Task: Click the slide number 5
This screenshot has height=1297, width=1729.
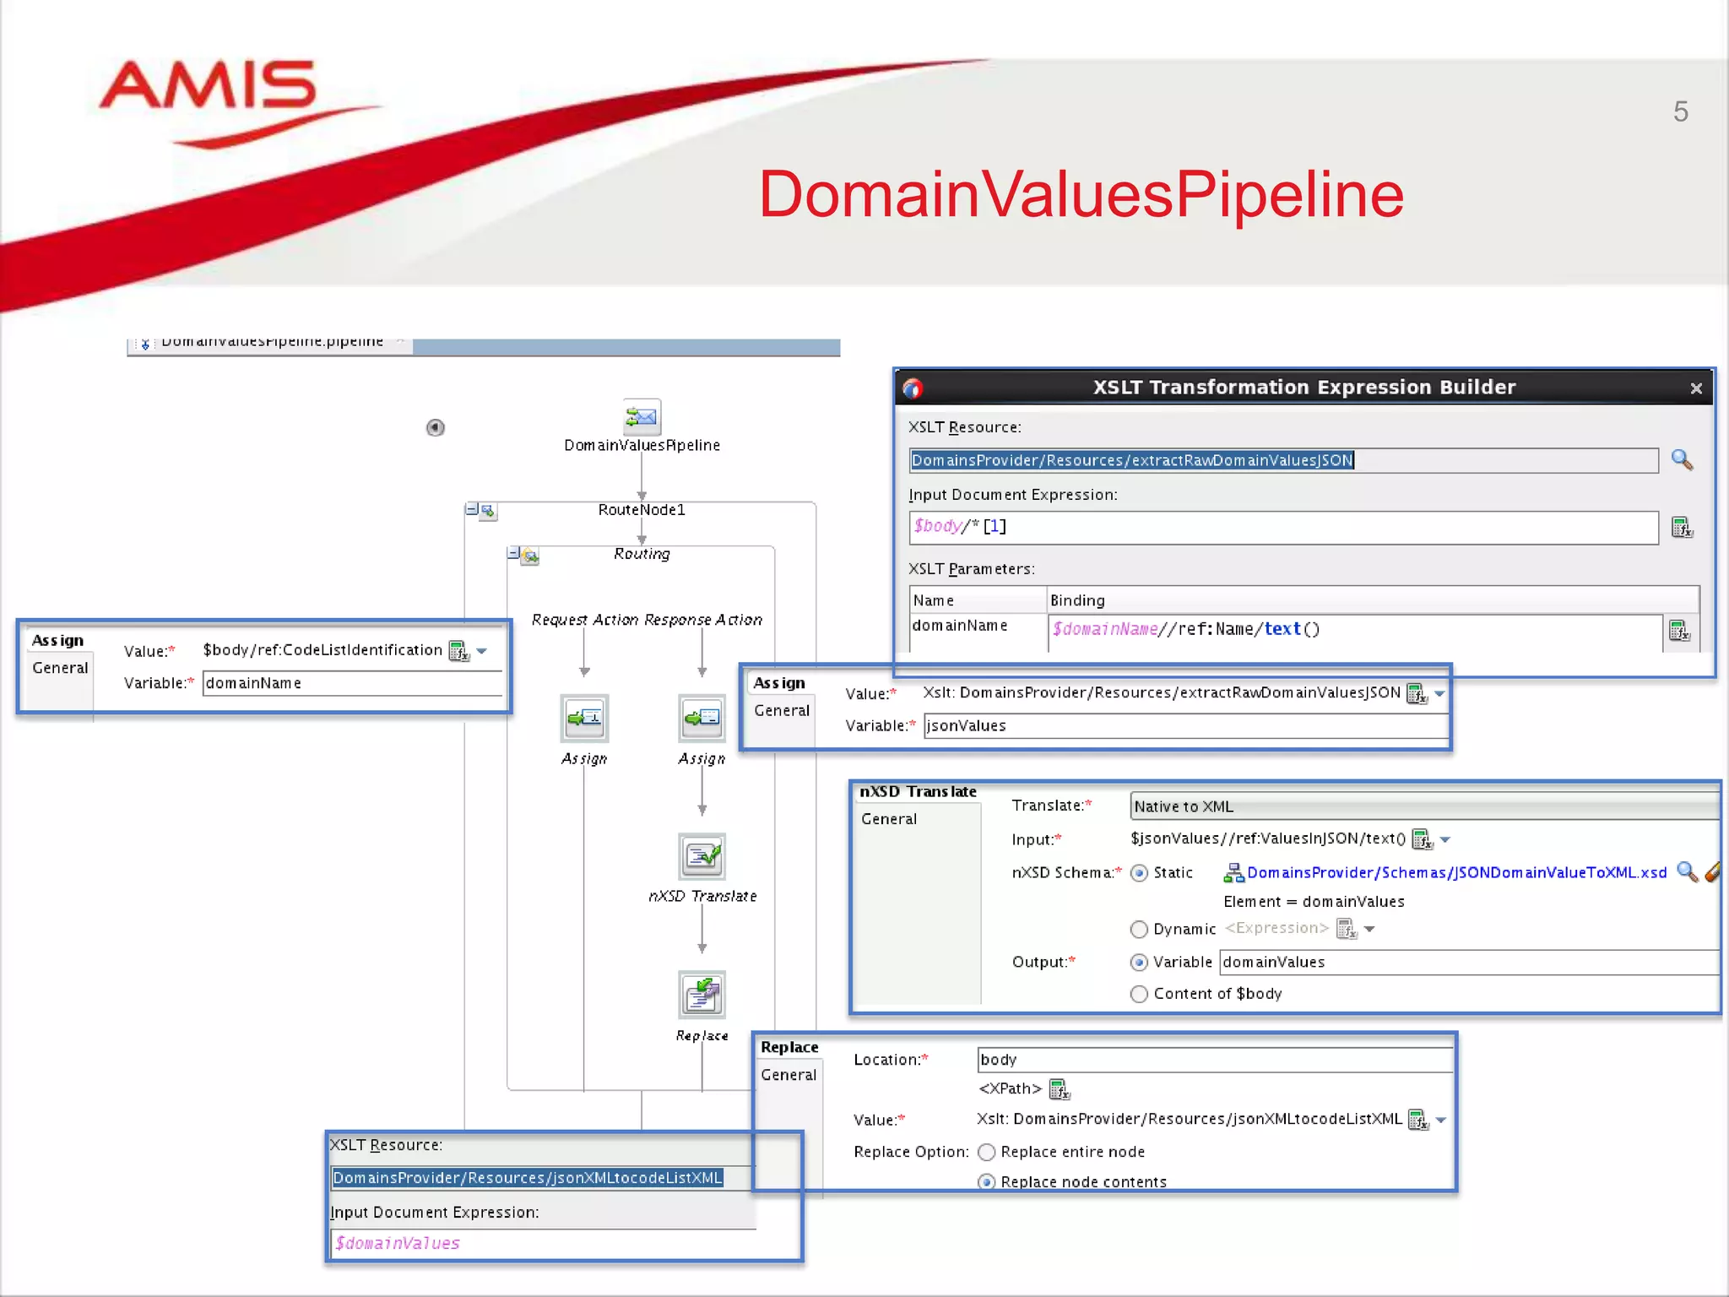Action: (x=1680, y=111)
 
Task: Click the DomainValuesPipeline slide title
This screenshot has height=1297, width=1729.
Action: (x=1081, y=194)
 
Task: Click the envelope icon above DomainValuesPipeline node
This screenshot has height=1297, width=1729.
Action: (x=642, y=416)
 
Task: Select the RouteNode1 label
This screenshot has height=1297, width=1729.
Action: (x=642, y=510)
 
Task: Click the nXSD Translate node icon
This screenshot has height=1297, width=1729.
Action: (x=702, y=856)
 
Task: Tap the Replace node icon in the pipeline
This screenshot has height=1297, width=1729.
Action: (x=702, y=995)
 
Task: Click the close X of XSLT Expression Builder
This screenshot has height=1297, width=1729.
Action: (x=1696, y=388)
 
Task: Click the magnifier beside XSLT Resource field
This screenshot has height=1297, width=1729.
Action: (x=1682, y=459)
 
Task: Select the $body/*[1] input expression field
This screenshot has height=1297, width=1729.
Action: (x=1283, y=527)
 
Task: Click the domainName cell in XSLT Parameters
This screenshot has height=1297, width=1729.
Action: (x=960, y=626)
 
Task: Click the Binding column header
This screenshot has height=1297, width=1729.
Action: (x=1077, y=600)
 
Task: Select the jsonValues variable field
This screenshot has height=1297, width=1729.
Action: (x=1182, y=726)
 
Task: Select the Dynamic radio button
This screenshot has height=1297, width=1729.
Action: (x=1139, y=930)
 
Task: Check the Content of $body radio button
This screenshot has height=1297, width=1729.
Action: (x=1139, y=995)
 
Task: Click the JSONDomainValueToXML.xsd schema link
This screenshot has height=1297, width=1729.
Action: (x=1456, y=873)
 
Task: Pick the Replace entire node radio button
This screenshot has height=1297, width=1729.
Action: (x=986, y=1153)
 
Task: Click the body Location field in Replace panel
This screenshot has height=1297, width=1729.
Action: (x=1214, y=1060)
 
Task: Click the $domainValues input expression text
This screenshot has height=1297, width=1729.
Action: (x=398, y=1244)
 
